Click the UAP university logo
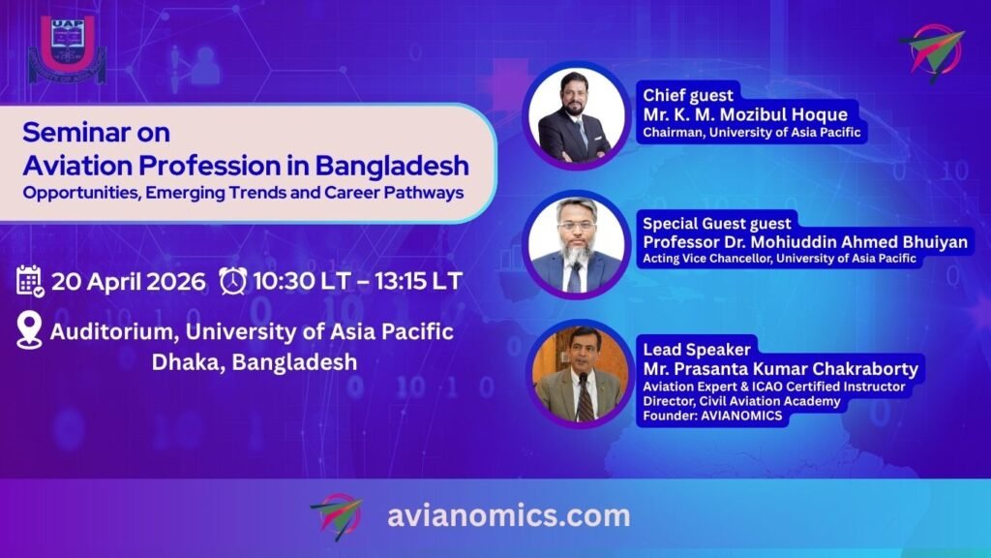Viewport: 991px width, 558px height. [x=68, y=49]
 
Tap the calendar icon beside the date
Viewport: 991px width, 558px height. [x=30, y=282]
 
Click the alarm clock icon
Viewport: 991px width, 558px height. [x=232, y=281]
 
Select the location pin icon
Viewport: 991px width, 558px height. [x=29, y=329]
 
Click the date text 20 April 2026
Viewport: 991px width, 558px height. [x=129, y=282]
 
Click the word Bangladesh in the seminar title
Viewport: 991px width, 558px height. [x=392, y=165]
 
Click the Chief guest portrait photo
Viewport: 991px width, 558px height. [x=577, y=115]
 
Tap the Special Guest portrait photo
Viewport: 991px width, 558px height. [x=577, y=245]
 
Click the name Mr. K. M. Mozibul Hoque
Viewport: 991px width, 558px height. [x=745, y=114]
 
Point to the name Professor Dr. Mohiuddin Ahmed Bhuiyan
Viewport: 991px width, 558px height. [x=805, y=241]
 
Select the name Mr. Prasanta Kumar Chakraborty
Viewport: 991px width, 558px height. [x=781, y=368]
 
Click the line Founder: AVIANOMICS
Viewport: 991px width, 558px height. [x=712, y=416]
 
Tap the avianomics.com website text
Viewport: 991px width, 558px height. [x=509, y=515]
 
